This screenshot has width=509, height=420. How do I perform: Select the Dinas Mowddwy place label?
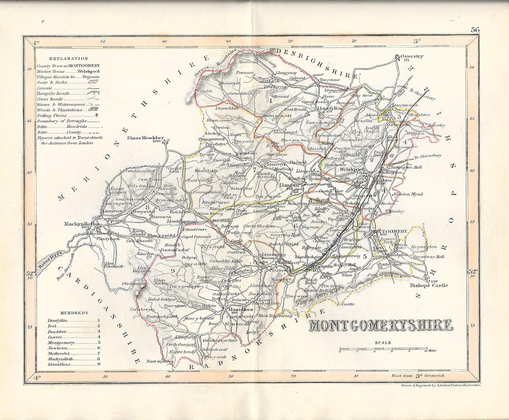[x=146, y=138]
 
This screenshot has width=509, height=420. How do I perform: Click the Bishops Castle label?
[x=429, y=285]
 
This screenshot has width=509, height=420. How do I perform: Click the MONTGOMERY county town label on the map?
[x=389, y=231]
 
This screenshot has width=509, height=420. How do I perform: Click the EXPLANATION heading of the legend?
[x=68, y=59]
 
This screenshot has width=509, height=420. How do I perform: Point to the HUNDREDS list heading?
[x=74, y=313]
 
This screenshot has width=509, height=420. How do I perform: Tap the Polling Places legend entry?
[x=52, y=115]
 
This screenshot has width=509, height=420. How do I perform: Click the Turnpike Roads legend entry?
[x=53, y=93]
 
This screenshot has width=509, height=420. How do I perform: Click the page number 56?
[x=475, y=29]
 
